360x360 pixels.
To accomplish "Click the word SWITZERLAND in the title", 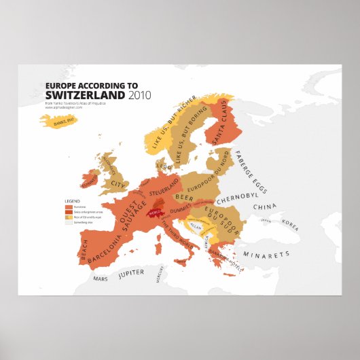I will pyautogui.click(x=84, y=95).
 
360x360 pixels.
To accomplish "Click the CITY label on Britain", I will pyautogui.click(x=120, y=184).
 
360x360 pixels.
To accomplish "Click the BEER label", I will pyautogui.click(x=184, y=197).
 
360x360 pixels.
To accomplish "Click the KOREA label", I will pyautogui.click(x=290, y=225).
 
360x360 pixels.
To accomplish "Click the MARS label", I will pyautogui.click(x=101, y=279).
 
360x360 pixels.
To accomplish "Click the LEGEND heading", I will pyautogui.click(x=72, y=202).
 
